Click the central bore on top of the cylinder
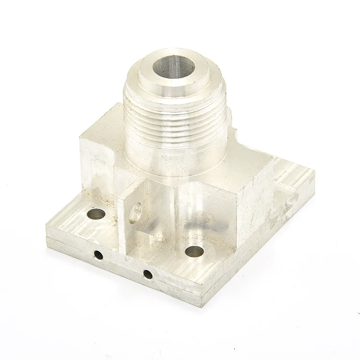click(x=174, y=67)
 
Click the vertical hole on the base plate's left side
click(x=96, y=214)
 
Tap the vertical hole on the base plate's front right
click(x=194, y=251)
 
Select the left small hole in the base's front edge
click(x=98, y=255)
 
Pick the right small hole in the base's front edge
click(x=148, y=275)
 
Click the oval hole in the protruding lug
click(x=136, y=212)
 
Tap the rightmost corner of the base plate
click(x=314, y=175)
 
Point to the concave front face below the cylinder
click(x=197, y=211)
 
